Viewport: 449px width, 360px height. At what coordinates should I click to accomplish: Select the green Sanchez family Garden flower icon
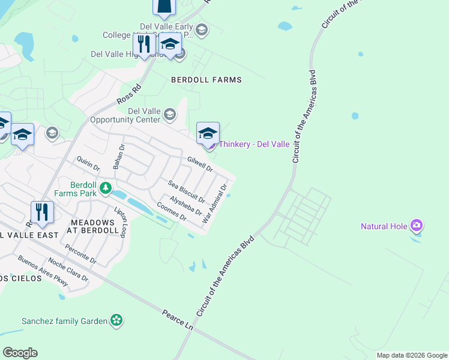click(x=116, y=321)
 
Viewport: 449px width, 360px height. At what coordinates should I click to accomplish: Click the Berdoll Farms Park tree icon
click(x=106, y=188)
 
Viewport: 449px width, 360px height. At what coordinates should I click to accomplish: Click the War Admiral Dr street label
click(x=215, y=204)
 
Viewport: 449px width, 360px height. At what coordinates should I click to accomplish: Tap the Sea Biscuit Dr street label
click(x=186, y=191)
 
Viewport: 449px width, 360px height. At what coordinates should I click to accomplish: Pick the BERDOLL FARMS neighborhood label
click(x=206, y=80)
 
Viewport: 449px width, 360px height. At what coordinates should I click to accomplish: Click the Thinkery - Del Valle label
click(x=254, y=145)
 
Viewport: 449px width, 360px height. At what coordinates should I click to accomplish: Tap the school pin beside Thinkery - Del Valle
click(x=208, y=133)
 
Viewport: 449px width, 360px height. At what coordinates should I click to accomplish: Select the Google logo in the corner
click(x=20, y=353)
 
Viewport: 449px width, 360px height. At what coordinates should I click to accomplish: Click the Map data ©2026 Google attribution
click(x=411, y=355)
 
